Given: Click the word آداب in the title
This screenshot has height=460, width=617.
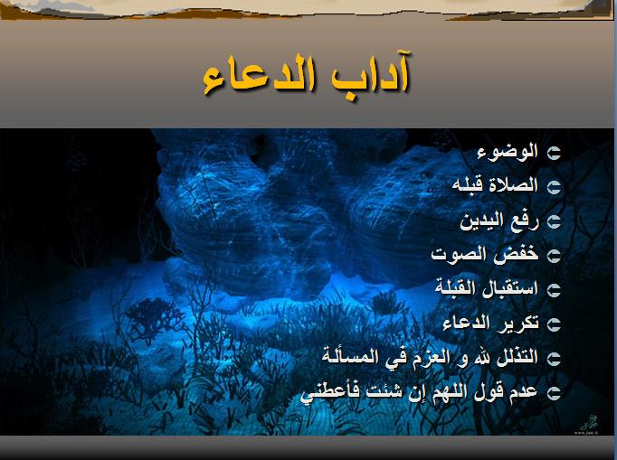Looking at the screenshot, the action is (369, 75).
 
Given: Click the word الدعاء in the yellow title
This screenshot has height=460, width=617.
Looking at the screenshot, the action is (260, 76).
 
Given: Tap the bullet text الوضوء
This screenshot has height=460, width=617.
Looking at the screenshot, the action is (508, 152).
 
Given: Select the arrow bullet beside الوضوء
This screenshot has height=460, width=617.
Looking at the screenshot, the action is (554, 153).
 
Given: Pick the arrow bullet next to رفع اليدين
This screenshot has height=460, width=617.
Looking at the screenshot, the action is (554, 221).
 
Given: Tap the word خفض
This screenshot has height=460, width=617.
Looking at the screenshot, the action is (520, 254).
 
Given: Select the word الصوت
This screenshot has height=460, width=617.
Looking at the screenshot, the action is (463, 255).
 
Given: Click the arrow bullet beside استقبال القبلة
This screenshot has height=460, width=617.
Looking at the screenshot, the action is (554, 290).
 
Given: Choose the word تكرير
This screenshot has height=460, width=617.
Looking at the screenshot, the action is (519, 323).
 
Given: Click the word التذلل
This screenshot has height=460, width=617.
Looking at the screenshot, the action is (517, 357).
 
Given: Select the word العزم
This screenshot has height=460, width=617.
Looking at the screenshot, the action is (426, 357).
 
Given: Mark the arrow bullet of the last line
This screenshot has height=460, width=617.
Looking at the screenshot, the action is (554, 392).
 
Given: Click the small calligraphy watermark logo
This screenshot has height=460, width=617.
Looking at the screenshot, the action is (588, 424).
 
